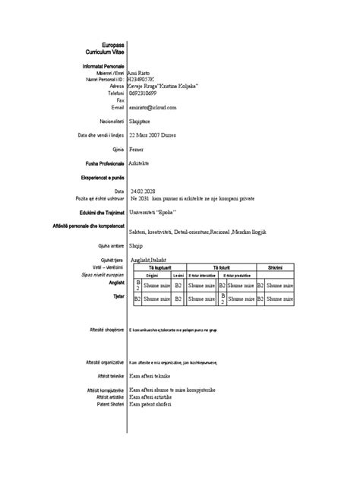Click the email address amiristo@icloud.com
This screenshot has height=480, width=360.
(156, 107)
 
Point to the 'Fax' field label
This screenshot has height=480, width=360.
(120, 100)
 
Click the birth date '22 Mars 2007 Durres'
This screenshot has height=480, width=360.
(157, 135)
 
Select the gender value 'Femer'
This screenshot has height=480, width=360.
(137, 150)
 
